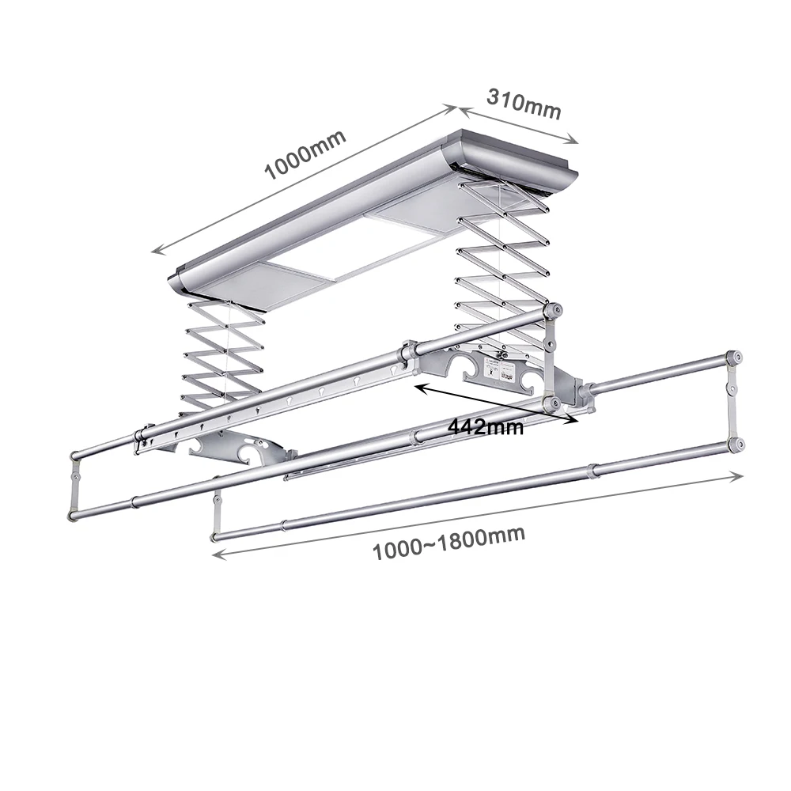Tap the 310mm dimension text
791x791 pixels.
(x=524, y=104)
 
